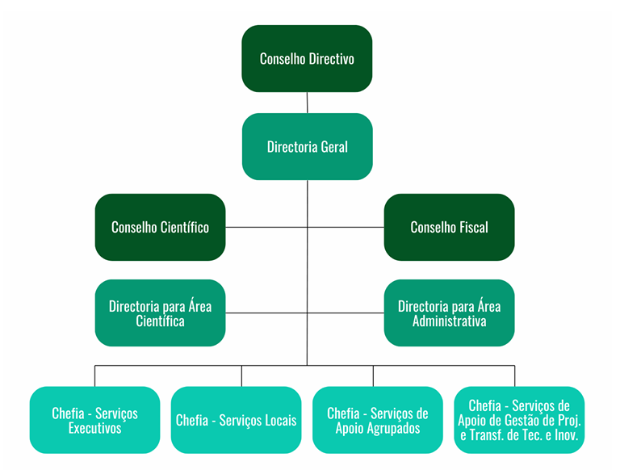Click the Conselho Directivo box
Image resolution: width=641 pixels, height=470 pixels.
tap(307, 58)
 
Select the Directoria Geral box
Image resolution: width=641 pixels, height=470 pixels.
tap(307, 147)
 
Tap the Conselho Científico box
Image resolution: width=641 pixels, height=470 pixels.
tap(160, 227)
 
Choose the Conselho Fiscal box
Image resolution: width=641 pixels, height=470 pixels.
tap(449, 227)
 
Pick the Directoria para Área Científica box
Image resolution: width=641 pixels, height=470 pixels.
tap(160, 313)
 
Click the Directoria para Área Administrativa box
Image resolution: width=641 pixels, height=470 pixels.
tap(449, 313)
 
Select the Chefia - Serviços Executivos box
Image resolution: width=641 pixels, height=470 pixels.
tap(94, 420)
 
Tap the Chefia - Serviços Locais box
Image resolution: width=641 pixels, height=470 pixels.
tap(237, 420)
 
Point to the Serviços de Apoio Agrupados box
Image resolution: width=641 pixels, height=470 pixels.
tap(378, 420)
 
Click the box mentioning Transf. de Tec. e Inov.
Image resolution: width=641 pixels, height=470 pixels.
tap(519, 420)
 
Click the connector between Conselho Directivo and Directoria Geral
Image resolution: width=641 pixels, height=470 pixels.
tap(307, 103)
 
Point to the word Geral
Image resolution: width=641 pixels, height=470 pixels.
tap(333, 147)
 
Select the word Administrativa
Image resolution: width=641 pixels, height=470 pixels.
tap(449, 321)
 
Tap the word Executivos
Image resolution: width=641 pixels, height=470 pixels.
tap(94, 428)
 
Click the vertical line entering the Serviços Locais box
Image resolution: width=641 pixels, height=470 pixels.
tap(241, 376)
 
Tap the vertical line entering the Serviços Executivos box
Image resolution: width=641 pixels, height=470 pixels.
tap(94, 376)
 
